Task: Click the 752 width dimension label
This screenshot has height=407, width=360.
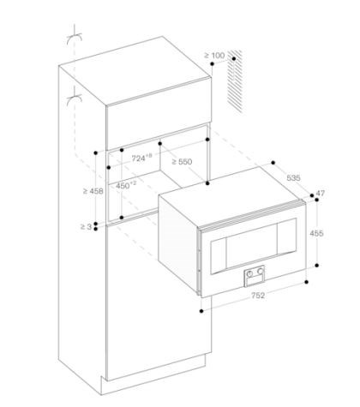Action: point(258,296)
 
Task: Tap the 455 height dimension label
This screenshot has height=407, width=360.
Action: point(316,233)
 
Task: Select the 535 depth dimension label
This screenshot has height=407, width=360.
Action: point(293,178)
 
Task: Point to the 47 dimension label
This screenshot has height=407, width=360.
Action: point(321,194)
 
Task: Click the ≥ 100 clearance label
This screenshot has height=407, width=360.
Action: point(214,55)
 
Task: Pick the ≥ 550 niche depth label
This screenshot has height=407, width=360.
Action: point(182,162)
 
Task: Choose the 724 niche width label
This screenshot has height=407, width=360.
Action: point(142,158)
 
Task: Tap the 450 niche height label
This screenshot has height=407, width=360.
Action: point(126,186)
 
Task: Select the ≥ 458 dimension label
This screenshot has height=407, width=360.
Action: point(93,191)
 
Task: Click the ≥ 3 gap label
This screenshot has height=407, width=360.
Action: point(86,227)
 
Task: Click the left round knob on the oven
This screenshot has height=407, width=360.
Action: point(249,273)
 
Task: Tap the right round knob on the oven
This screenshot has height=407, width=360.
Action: point(260,270)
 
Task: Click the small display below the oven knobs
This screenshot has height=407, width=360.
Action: point(254,281)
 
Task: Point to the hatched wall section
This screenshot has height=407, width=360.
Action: point(235,81)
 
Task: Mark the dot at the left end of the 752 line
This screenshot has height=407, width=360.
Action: point(201,311)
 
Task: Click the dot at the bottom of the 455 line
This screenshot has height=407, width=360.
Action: point(317,266)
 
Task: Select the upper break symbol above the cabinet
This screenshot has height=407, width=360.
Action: point(75,37)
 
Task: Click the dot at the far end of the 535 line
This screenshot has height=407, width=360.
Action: point(273,163)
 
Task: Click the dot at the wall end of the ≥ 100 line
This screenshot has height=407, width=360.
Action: point(234,58)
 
